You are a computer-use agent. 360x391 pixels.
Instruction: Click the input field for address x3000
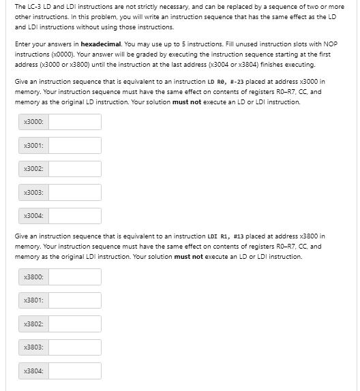tap(75, 122)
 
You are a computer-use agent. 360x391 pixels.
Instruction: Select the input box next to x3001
tap(75, 146)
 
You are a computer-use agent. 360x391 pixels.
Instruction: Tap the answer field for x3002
tap(75, 169)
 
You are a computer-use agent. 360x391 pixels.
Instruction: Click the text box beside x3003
tap(75, 193)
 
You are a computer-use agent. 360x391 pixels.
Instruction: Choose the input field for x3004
tap(75, 216)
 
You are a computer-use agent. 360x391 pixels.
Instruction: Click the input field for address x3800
tap(75, 277)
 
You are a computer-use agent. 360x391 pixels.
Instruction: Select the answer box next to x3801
tap(75, 300)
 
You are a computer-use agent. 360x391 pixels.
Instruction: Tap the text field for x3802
tap(75, 324)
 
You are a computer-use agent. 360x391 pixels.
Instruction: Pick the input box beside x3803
tap(75, 347)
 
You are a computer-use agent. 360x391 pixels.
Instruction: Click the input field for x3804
tap(75, 371)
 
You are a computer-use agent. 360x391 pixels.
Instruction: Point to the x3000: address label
tap(33, 122)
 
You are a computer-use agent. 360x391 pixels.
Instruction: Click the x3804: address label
tap(33, 371)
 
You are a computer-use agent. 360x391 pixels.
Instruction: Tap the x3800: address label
tap(33, 277)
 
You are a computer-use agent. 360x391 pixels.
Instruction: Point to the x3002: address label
tap(33, 169)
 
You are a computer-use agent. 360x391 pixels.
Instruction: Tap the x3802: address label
tap(33, 324)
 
